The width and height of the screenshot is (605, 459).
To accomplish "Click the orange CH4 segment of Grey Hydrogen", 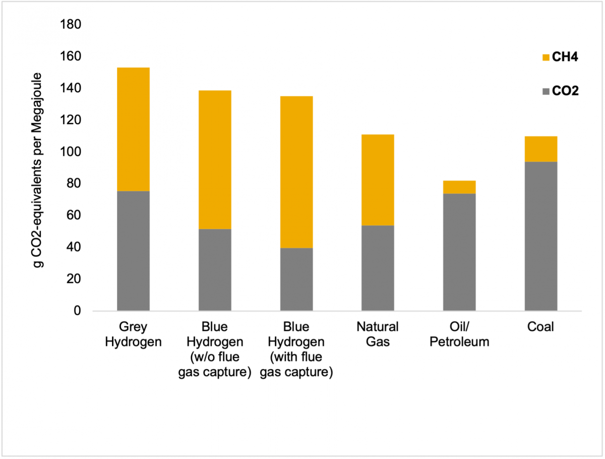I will [x=133, y=129].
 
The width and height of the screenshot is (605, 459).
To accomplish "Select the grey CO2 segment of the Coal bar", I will [x=540, y=236].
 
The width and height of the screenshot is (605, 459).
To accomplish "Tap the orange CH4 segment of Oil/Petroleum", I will [x=459, y=187].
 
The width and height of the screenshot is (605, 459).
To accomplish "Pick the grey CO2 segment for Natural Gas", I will [x=378, y=268].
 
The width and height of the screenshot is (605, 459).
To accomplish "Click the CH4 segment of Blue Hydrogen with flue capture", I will [x=296, y=172].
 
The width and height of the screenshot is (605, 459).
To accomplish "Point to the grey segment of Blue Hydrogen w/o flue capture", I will [x=215, y=270].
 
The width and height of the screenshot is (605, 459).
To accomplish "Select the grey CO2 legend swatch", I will [x=545, y=91].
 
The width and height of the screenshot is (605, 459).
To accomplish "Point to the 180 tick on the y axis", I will [x=71, y=24].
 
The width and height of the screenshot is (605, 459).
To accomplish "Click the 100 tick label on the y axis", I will [x=71, y=152].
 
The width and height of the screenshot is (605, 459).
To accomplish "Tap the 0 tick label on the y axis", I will [x=77, y=311].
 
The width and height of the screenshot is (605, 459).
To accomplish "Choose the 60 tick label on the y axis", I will [x=74, y=215].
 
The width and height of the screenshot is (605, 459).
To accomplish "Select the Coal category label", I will [x=540, y=327].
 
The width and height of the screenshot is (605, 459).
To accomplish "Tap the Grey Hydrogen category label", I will [x=133, y=334].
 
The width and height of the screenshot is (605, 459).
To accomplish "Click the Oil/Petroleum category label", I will [x=459, y=334].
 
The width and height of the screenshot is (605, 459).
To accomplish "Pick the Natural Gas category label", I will [x=378, y=334].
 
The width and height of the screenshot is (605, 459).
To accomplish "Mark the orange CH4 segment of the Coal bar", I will [x=540, y=149].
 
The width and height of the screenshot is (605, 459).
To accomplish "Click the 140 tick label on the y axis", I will [x=71, y=88].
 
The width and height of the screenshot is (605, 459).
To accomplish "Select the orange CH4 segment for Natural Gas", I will [x=378, y=180].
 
